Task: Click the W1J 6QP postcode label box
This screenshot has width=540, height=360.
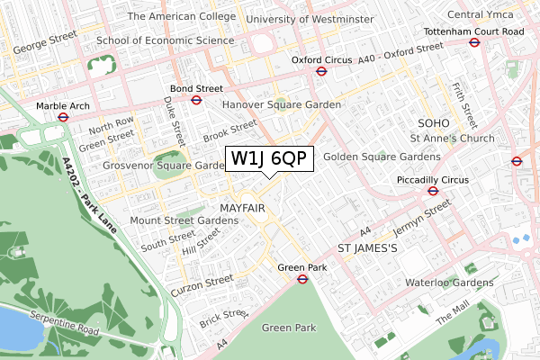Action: [x=269, y=158]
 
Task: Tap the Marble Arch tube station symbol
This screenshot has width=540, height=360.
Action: [x=64, y=116]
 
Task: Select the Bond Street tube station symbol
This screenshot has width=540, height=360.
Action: [x=195, y=100]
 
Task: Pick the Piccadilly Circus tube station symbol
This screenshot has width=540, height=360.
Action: [x=433, y=191]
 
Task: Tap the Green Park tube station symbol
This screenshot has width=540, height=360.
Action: [x=303, y=278]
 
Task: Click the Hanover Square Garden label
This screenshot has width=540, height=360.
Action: [x=282, y=105]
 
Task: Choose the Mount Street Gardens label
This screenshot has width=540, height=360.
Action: [x=184, y=220]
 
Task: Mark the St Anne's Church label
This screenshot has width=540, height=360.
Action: [x=452, y=139]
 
